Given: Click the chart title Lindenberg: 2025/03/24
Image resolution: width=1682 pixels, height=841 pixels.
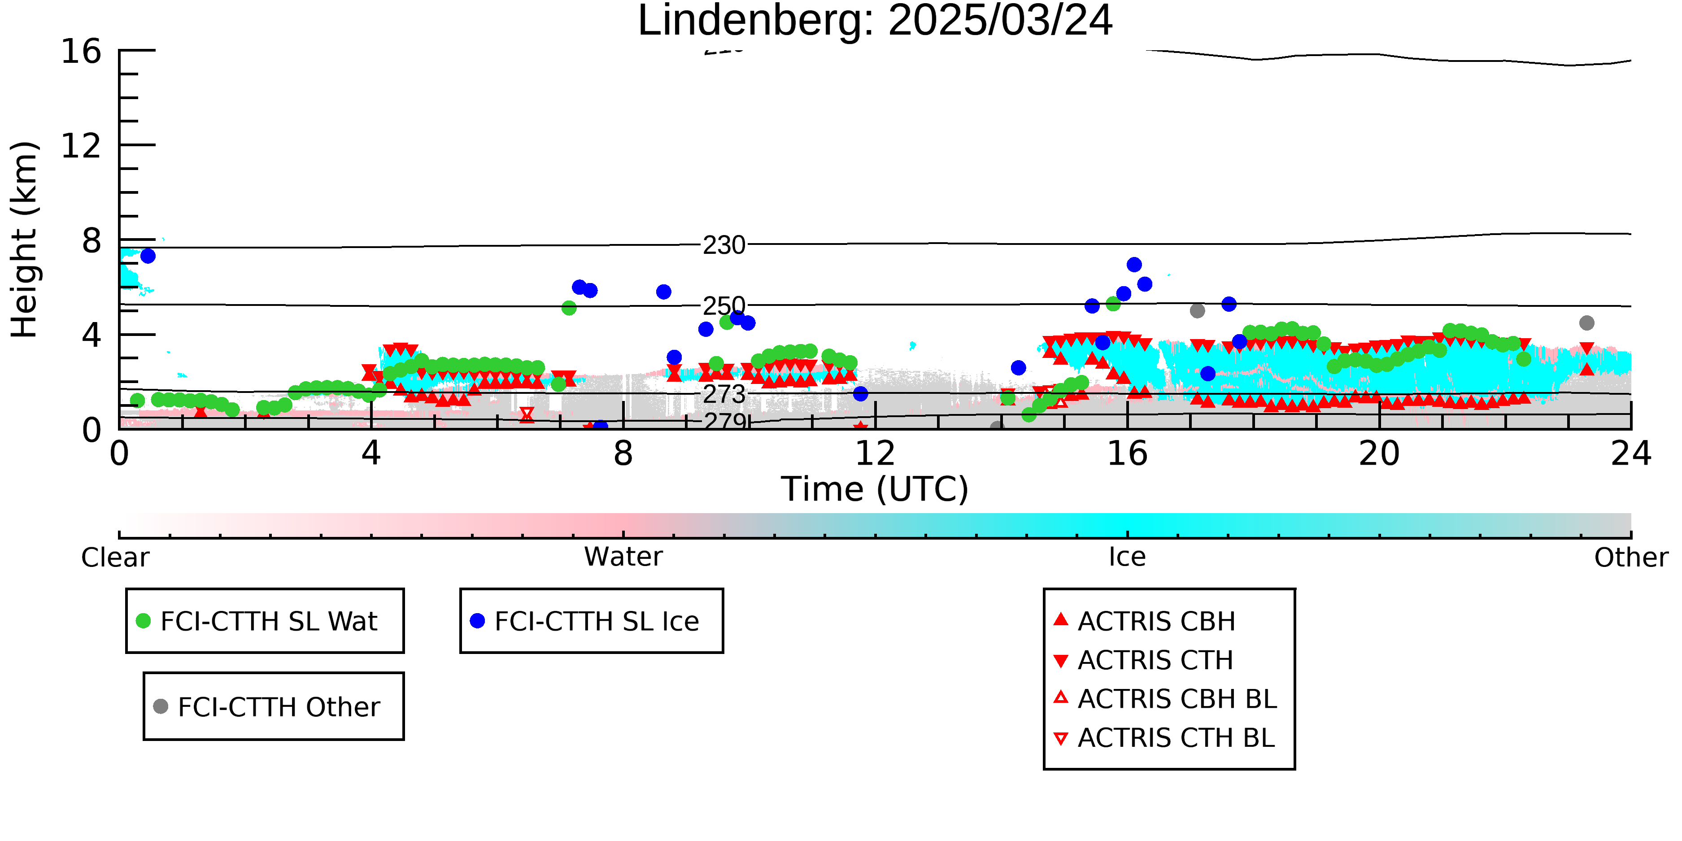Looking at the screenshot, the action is [875, 21].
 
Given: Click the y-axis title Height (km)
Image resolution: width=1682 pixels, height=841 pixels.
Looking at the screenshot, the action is [25, 240].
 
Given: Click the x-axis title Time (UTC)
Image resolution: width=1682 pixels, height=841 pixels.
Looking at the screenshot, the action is [875, 489].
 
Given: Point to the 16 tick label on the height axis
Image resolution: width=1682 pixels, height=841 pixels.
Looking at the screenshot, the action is [81, 51].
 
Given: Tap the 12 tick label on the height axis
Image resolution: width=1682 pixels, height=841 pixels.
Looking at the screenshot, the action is [81, 146].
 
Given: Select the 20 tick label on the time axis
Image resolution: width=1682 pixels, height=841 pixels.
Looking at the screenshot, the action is [1379, 454].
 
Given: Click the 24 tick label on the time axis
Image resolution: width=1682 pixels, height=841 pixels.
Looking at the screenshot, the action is [1631, 454].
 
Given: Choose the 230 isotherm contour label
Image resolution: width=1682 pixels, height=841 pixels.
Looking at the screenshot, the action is [724, 245].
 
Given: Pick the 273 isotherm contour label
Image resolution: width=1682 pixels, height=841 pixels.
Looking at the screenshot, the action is [724, 394].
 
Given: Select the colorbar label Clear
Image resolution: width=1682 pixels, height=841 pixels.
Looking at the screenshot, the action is [115, 558].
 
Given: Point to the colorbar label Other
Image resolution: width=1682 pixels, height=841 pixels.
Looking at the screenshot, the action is [1631, 558].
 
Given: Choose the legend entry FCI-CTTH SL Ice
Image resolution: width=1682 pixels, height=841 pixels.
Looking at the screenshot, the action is [585, 621].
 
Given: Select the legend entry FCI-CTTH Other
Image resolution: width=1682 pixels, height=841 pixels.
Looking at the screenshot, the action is [266, 706].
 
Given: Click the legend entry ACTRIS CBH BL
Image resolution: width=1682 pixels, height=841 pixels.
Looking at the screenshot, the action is [1166, 699].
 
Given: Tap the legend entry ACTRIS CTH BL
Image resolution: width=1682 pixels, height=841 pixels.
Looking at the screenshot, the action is [1164, 738].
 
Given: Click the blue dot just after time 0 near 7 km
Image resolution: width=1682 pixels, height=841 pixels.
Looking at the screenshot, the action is [148, 256].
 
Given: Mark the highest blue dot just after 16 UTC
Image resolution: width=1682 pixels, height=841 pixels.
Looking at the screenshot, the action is [1134, 265].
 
